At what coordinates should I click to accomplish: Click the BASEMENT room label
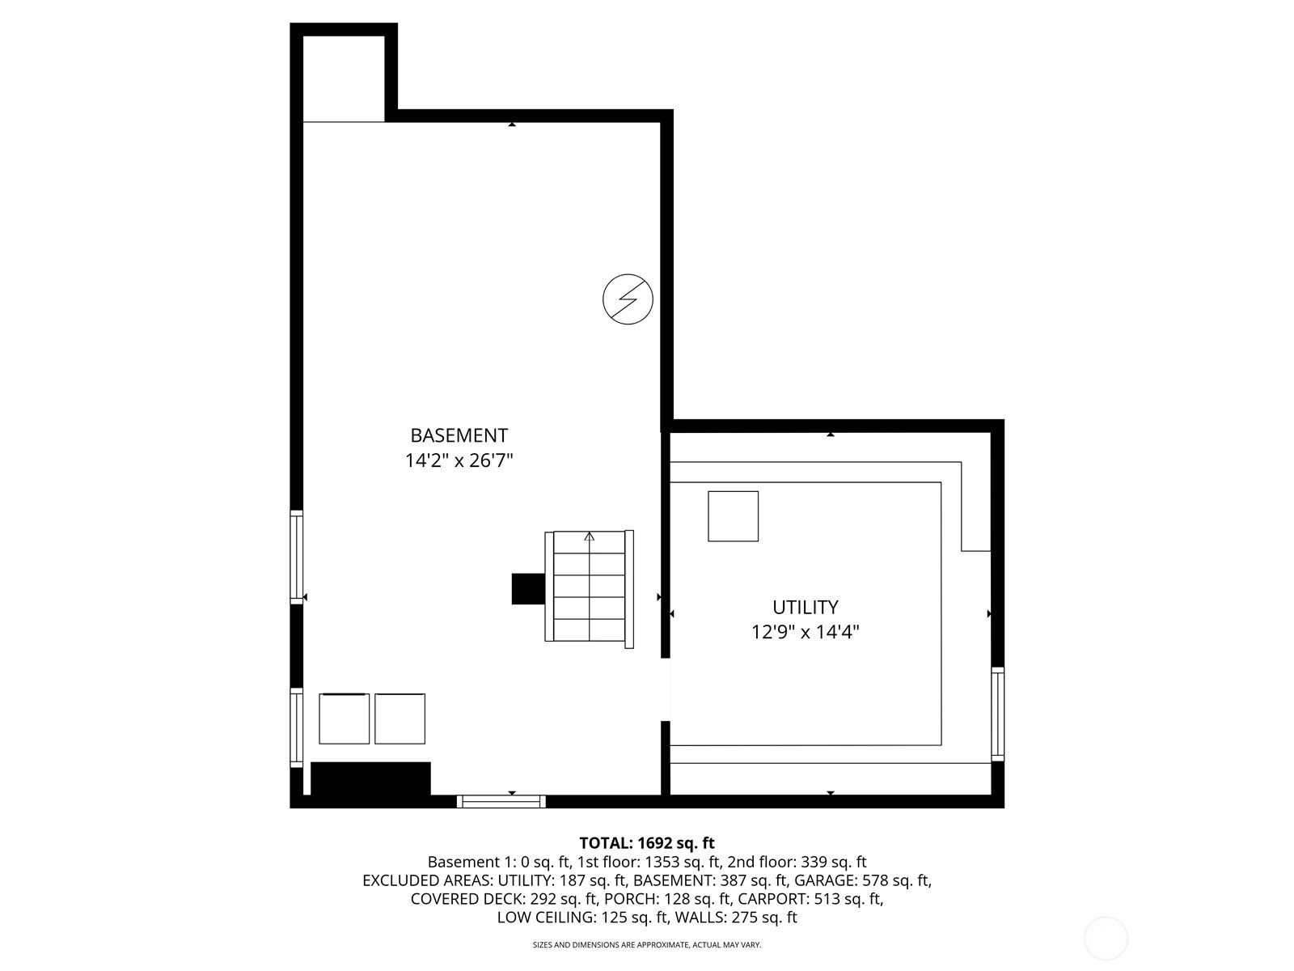pyautogui.click(x=459, y=435)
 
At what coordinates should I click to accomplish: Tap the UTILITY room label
pyautogui.click(x=805, y=607)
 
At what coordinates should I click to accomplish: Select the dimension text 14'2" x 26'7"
pyautogui.click(x=459, y=460)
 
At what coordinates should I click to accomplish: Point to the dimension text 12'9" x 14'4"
pyautogui.click(x=805, y=632)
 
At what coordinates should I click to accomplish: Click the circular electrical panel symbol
pyautogui.click(x=628, y=299)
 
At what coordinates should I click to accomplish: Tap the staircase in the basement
pyautogui.click(x=589, y=589)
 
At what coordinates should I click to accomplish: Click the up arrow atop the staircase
pyautogui.click(x=589, y=536)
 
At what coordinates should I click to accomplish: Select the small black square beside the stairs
pyautogui.click(x=528, y=589)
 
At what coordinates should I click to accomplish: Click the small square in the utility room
pyautogui.click(x=733, y=516)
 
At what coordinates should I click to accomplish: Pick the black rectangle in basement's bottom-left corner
pyautogui.click(x=370, y=778)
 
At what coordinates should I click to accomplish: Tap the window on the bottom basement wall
pyautogui.click(x=501, y=801)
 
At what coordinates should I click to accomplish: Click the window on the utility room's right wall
pyautogui.click(x=997, y=714)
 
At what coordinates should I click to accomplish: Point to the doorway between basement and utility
pyautogui.click(x=666, y=689)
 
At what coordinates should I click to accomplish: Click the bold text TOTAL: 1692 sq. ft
pyautogui.click(x=647, y=843)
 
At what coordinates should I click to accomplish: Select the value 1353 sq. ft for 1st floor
pyautogui.click(x=683, y=862)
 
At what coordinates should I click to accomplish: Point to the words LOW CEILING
pyautogui.click(x=546, y=918)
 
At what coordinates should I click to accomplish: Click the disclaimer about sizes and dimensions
pyautogui.click(x=647, y=944)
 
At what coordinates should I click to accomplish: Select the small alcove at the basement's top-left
pyautogui.click(x=344, y=78)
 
